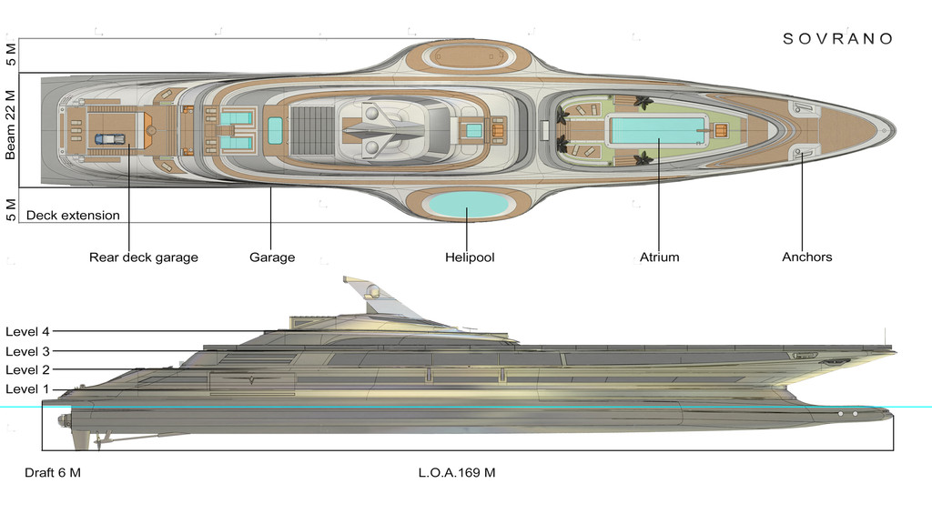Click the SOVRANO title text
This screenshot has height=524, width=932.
(x=838, y=38)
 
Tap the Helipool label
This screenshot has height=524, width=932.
(x=470, y=257)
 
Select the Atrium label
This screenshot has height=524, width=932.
(x=659, y=257)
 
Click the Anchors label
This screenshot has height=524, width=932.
(x=806, y=257)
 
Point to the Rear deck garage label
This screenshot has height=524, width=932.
(x=143, y=257)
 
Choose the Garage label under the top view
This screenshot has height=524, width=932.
(x=272, y=257)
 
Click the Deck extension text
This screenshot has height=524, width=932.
(x=73, y=216)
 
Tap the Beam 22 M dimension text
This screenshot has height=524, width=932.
(x=11, y=126)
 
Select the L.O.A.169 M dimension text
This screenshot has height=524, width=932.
(x=457, y=473)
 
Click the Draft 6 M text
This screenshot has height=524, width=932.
(x=53, y=473)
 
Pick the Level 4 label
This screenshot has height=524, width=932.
(x=27, y=331)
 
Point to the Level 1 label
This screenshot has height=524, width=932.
(x=27, y=389)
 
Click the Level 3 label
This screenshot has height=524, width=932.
(x=27, y=351)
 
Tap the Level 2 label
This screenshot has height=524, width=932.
(x=27, y=370)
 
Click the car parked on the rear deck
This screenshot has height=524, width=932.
(x=108, y=139)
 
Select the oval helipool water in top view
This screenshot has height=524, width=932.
(x=468, y=205)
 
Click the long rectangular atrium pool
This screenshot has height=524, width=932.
(x=657, y=130)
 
